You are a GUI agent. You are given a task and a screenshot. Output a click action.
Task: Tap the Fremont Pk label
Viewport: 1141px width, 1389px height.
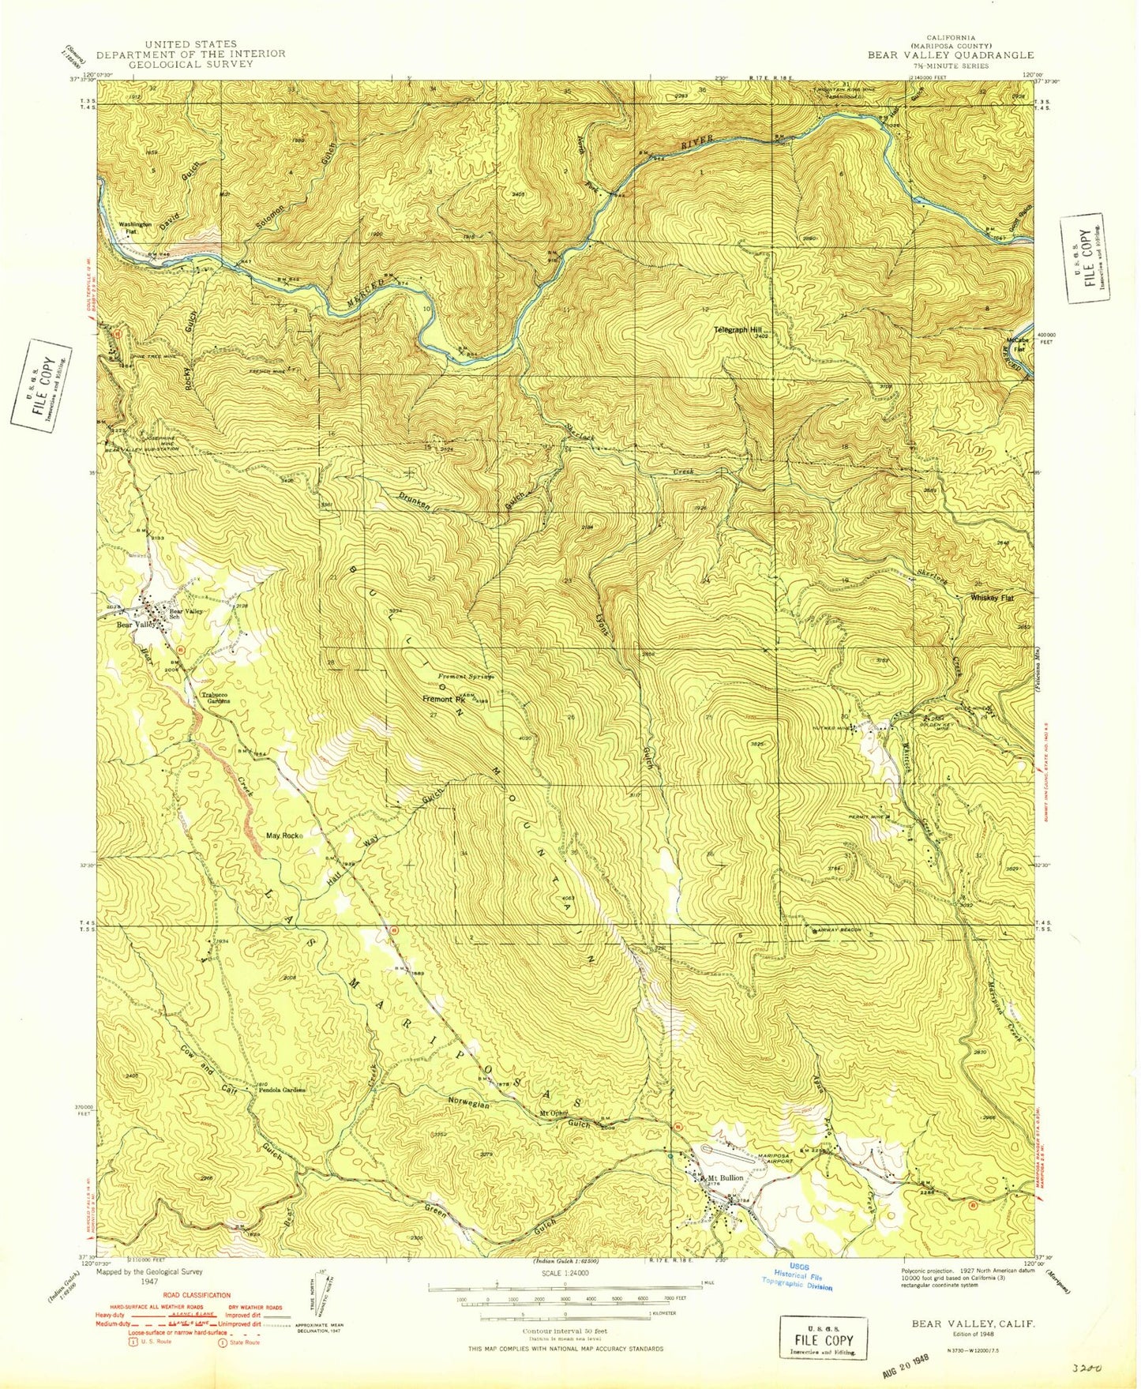444,699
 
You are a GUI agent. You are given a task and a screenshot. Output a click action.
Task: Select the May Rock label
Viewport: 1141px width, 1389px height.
283,835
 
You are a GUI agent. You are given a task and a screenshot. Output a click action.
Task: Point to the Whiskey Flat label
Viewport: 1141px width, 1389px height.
991,598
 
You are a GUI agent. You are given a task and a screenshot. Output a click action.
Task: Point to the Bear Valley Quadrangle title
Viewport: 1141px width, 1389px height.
951,55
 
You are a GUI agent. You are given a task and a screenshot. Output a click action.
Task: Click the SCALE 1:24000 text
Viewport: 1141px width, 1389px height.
564,1274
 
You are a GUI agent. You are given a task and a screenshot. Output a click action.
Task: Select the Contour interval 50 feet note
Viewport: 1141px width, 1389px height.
564,1331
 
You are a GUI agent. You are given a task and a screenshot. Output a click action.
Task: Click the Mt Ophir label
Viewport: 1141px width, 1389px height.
554,1114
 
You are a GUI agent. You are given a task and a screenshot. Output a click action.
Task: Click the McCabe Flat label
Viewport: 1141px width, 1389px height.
1015,344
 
